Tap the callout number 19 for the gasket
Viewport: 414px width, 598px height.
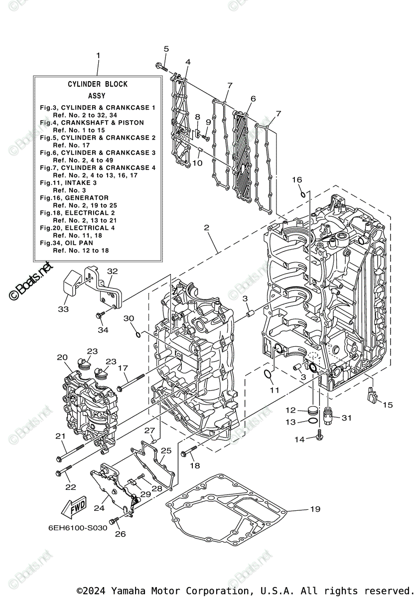pyautogui.click(x=314, y=509)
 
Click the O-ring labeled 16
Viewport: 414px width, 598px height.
pyautogui.click(x=302, y=193)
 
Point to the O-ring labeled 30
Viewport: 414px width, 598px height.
pyautogui.click(x=138, y=332)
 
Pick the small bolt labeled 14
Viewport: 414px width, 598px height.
pyautogui.click(x=319, y=438)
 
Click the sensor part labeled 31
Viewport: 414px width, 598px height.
pyautogui.click(x=328, y=415)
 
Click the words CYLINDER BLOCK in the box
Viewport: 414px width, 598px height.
pyautogui.click(x=98, y=84)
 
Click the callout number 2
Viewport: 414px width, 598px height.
pyautogui.click(x=206, y=228)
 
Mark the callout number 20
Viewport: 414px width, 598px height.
pyautogui.click(x=62, y=357)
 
